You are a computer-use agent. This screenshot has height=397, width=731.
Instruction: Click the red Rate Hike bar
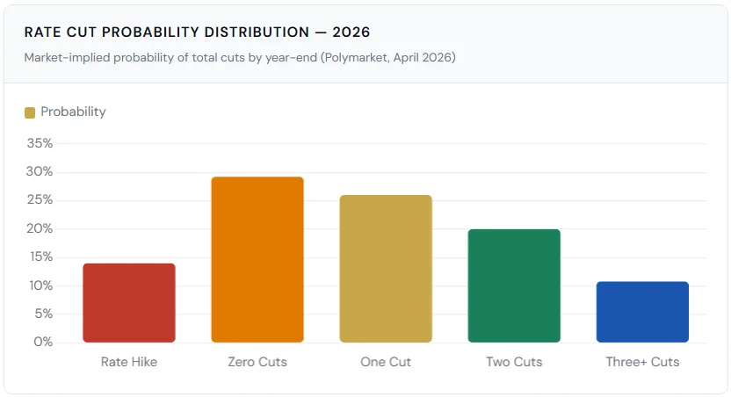[x=129, y=303]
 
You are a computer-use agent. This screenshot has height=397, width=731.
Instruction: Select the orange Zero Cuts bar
[x=257, y=260]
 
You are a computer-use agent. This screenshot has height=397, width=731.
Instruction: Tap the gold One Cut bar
[x=386, y=269]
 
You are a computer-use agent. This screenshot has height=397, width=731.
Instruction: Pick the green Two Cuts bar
[x=514, y=285]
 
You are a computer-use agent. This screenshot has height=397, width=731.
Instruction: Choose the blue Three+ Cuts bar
[x=642, y=312]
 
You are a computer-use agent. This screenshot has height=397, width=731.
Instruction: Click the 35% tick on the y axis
[x=40, y=143]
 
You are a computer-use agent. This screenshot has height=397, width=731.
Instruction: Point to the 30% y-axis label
[x=40, y=171]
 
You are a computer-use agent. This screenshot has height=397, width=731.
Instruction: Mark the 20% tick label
[x=40, y=228]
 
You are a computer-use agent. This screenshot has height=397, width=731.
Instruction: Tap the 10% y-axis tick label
[x=40, y=285]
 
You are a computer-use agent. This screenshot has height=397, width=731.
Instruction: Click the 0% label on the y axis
[x=44, y=342]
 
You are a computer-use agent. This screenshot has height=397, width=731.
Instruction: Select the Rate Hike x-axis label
[x=129, y=362]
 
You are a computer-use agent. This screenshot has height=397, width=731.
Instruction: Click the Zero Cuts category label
[x=257, y=362]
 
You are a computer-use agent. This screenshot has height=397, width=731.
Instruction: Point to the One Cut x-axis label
[x=386, y=362]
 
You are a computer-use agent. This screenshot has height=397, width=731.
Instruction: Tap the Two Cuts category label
[x=514, y=362]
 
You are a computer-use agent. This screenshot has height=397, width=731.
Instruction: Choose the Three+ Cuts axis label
[x=642, y=362]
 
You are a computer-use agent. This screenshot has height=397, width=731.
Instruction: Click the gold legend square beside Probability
[x=30, y=112]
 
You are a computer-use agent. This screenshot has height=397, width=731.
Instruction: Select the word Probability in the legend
[x=73, y=112]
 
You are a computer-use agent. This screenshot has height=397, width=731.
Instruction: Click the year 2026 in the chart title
[x=351, y=32]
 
